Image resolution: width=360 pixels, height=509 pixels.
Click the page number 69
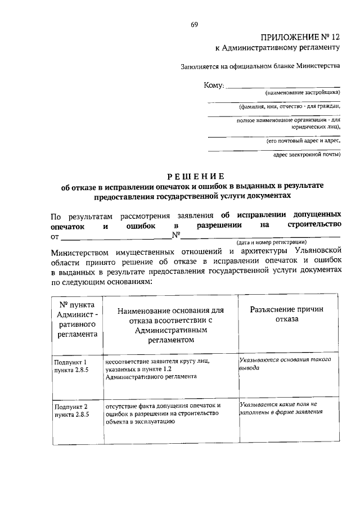coord(194,24)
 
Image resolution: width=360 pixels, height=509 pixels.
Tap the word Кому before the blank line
coord(214,85)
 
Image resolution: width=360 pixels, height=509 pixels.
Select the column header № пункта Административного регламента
coord(78,319)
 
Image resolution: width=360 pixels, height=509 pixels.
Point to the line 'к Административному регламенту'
coord(278,49)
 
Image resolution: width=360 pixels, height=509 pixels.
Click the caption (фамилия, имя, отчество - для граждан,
coord(289,106)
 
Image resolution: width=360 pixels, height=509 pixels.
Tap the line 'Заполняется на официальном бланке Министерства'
coord(260,66)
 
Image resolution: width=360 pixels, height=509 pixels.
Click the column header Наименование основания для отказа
coord(168,325)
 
